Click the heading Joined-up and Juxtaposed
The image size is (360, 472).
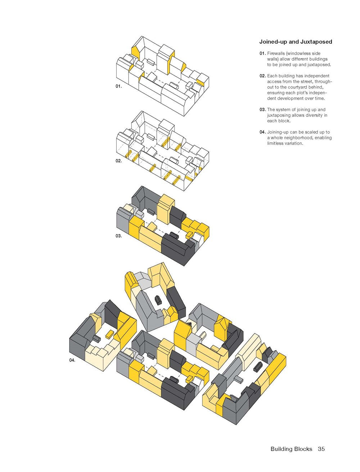click(296, 42)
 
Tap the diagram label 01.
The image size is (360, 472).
click(119, 86)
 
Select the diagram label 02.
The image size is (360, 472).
click(119, 160)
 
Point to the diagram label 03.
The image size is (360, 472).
click(119, 236)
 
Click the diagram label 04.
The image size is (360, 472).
click(72, 360)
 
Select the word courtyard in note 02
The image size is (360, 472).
click(297, 87)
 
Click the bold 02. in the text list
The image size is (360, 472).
click(263, 76)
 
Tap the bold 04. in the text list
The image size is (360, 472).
click(263, 132)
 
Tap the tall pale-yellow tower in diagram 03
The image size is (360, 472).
click(165, 209)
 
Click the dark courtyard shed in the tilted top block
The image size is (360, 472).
click(158, 300)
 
